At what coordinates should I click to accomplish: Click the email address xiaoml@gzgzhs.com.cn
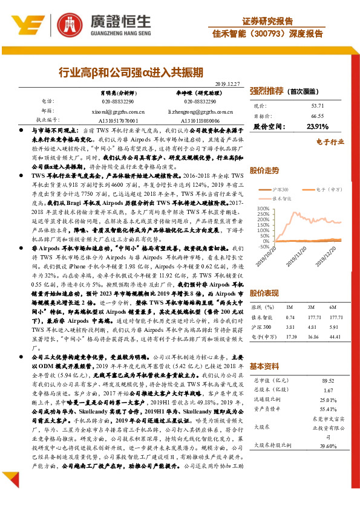coord(109,112)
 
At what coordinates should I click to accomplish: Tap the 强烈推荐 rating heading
coord(267,91)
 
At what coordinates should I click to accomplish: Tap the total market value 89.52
coord(328,380)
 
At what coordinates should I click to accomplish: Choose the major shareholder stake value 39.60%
coord(328,446)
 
